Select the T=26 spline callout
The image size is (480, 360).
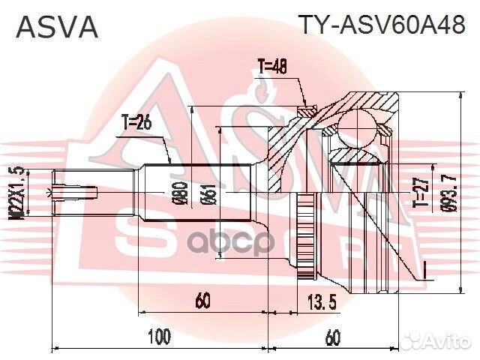pos(137,124)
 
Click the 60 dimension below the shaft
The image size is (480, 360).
pos(202,301)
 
